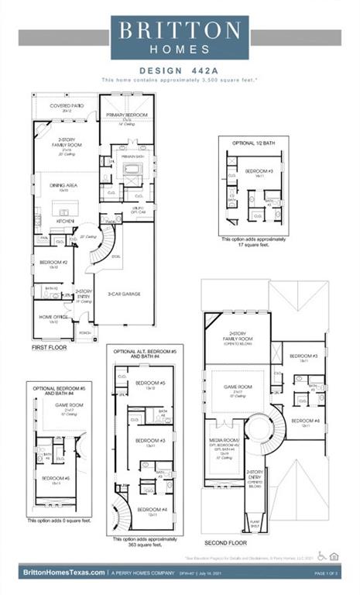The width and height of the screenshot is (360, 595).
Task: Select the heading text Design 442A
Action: (180, 69)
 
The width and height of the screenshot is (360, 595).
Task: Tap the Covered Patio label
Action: (67, 106)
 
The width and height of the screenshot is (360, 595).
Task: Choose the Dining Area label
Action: (63, 186)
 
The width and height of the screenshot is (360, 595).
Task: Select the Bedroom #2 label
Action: (49, 263)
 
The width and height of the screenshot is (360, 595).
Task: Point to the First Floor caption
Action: (50, 349)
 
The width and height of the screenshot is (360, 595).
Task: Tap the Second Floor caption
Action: (227, 543)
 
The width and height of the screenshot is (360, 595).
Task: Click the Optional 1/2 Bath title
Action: (254, 143)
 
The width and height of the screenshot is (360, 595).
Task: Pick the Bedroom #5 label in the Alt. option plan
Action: (151, 384)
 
